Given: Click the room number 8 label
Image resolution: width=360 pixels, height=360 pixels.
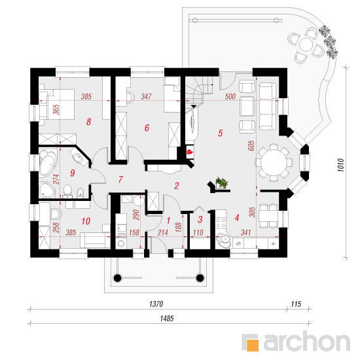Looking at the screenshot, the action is pos(89,122).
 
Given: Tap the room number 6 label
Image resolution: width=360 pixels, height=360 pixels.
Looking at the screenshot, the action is pos(147,128).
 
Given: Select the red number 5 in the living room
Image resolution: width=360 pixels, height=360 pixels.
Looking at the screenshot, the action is pos(221,133).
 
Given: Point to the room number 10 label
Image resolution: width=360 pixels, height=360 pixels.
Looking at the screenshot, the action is pos(86,221).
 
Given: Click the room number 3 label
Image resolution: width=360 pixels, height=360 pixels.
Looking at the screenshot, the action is pos(200,219).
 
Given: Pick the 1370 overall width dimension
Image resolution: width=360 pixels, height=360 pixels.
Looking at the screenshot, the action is pos(156,304).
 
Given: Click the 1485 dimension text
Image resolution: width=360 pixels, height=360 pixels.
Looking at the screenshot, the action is pos(167,319).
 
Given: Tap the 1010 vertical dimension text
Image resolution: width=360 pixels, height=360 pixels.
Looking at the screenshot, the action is pos(341,165).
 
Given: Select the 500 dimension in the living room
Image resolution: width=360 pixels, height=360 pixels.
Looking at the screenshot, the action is pos(230,97).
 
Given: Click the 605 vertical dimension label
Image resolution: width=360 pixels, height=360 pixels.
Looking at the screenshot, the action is pos(251,145).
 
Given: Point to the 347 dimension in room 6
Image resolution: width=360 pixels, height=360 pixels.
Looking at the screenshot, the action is pos(146,96).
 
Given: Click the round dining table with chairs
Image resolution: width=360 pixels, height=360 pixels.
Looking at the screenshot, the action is pos(274,163).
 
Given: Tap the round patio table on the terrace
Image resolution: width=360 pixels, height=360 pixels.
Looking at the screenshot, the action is pos(306,45).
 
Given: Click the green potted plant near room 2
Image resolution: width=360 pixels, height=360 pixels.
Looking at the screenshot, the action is pos(222,183).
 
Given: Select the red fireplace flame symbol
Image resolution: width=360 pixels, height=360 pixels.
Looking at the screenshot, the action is pos(190,152).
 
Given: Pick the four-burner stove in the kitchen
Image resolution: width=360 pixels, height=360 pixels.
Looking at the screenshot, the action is pos(221,223).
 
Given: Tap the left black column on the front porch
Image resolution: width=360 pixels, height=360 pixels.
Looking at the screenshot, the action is pos(117,278).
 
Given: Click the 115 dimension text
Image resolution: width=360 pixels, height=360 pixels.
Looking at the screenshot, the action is pos(296,304).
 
